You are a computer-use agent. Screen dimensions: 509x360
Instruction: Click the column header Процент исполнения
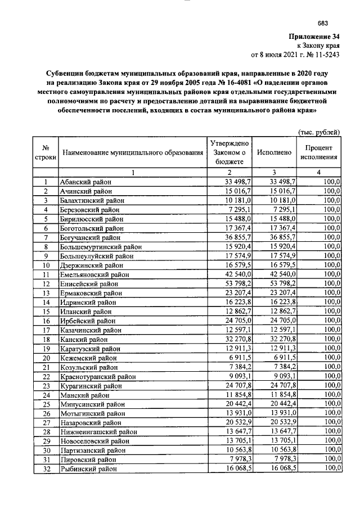(x=319, y=152)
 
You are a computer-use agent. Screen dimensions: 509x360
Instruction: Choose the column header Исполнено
(x=273, y=152)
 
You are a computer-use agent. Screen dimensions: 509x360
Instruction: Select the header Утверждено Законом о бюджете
(x=229, y=152)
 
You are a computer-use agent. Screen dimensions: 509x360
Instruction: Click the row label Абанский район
(x=86, y=182)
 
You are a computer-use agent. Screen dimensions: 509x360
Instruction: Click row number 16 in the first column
(x=46, y=321)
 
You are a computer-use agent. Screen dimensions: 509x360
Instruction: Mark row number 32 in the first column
(x=46, y=469)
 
